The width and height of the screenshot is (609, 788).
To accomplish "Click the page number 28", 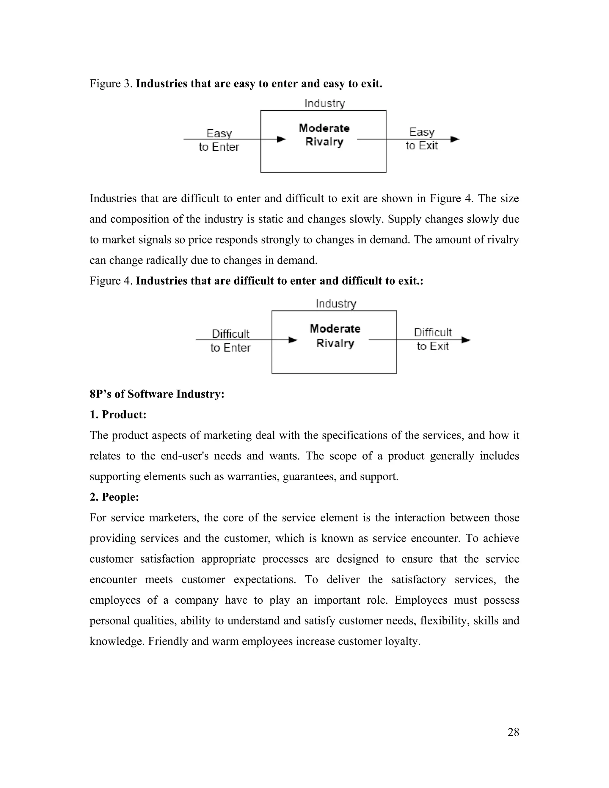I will (x=513, y=732).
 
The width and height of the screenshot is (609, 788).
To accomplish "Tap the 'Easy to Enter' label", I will (x=219, y=140).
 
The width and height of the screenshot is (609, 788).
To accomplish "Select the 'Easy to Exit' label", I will (x=421, y=139).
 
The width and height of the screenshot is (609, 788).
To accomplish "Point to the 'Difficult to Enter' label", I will (x=230, y=340).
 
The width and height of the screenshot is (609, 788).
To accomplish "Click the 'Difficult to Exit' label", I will (x=433, y=339).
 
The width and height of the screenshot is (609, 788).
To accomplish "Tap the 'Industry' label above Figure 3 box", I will (x=324, y=103).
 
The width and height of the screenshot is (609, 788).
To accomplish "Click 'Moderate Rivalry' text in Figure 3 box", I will (x=324, y=135).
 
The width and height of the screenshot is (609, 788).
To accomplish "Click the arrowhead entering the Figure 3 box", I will (x=281, y=139).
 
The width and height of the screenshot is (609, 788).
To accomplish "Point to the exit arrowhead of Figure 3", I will (x=455, y=139).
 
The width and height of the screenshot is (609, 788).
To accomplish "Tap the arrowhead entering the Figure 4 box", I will (x=293, y=340).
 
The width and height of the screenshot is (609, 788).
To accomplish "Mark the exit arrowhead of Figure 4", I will (x=466, y=340).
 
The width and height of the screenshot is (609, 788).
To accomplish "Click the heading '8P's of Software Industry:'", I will (x=157, y=394).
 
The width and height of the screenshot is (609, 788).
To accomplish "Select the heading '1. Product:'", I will (x=118, y=415).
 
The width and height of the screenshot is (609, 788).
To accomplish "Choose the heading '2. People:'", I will (x=114, y=497).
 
